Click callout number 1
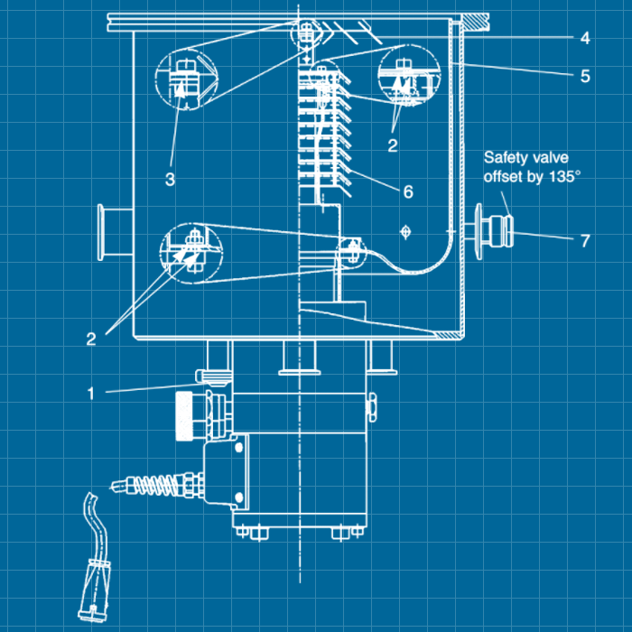point(91,393)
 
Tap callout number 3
point(171,178)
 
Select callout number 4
point(585,38)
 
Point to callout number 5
point(585,76)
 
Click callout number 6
point(408,191)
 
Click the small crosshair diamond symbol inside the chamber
point(405,233)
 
